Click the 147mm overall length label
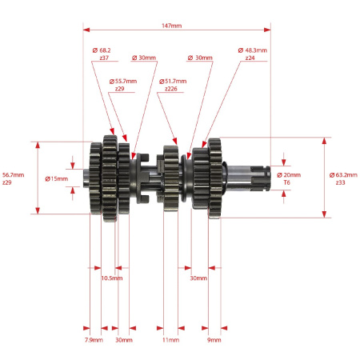point(171,26)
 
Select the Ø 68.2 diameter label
point(102,50)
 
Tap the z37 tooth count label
point(104,58)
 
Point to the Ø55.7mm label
point(123,81)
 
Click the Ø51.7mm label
point(173,81)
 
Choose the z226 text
point(171,89)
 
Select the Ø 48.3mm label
point(253,50)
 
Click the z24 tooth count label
point(250,58)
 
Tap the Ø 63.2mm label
point(343,175)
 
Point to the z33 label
point(340,182)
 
